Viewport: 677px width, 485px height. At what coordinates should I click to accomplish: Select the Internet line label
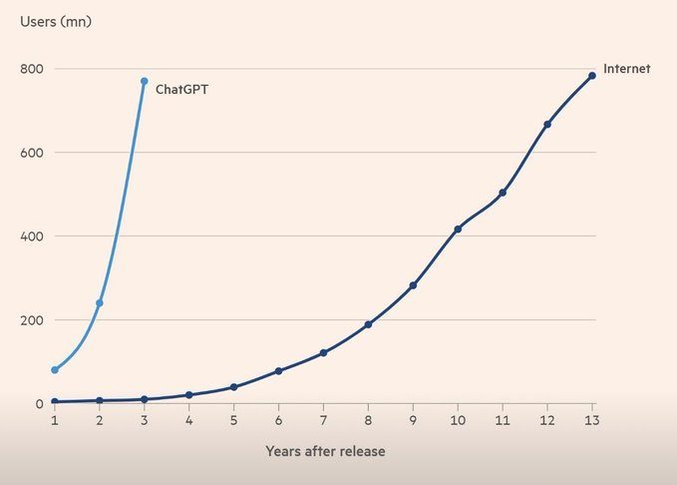pos(626,69)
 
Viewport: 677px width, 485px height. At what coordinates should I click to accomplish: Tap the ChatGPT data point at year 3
pos(144,81)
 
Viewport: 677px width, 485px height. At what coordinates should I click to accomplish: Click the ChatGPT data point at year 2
pos(99,302)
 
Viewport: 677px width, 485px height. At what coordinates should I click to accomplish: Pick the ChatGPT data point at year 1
pos(55,370)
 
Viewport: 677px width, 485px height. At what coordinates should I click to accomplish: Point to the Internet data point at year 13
pos(592,75)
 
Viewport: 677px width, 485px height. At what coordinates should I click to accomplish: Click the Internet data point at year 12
pos(547,124)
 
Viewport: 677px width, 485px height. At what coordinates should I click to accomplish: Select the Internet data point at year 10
pos(458,230)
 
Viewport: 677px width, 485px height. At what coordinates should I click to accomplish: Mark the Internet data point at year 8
pos(368,324)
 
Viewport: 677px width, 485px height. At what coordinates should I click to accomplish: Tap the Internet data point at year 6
pos(278,371)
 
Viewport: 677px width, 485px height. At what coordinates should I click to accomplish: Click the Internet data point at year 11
pos(503,193)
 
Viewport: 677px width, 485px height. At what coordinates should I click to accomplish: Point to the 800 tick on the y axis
pos(31,69)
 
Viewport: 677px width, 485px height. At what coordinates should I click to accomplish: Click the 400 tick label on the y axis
pos(31,237)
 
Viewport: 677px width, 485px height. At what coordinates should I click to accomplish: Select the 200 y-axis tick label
pos(31,320)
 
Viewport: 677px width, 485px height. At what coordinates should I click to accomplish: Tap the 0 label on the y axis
pos(39,404)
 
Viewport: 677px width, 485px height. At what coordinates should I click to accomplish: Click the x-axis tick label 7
pos(323,421)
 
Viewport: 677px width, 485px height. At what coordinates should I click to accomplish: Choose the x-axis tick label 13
pos(592,421)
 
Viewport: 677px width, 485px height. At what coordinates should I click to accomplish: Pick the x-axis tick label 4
pos(188,421)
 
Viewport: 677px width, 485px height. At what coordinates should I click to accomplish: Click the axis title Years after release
pos(325,451)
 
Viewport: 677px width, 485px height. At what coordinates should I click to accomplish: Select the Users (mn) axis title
pos(56,21)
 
